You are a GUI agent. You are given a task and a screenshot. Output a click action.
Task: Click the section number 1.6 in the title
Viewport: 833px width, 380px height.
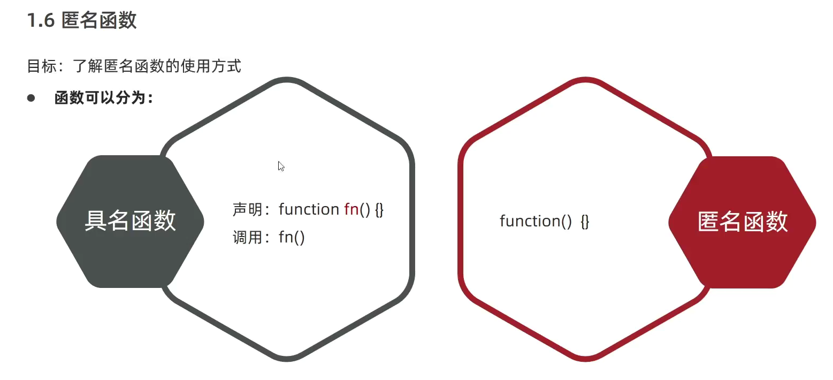click(x=41, y=20)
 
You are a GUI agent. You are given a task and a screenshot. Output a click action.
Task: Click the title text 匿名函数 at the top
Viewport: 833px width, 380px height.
click(x=99, y=20)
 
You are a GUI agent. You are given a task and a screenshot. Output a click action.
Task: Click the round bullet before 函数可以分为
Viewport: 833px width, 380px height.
click(x=31, y=98)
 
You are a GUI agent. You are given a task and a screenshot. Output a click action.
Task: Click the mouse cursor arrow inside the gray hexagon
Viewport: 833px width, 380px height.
click(x=281, y=166)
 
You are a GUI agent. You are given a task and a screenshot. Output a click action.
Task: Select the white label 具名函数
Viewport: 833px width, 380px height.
click(x=130, y=221)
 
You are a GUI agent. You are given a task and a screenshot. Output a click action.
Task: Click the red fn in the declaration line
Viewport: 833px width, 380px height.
click(x=351, y=209)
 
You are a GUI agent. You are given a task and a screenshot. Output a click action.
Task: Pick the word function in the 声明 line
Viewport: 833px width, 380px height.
click(x=309, y=209)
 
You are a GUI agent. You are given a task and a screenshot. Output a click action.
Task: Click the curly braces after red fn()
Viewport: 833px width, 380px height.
click(x=379, y=209)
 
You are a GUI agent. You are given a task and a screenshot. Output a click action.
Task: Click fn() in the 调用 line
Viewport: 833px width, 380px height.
click(x=292, y=237)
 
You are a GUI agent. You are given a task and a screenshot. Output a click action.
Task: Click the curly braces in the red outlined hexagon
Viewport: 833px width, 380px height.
click(x=585, y=221)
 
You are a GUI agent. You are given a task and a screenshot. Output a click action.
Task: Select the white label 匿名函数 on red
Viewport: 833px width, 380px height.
click(x=743, y=221)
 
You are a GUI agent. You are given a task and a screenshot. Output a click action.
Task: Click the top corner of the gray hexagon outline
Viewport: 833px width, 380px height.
click(x=287, y=80)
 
